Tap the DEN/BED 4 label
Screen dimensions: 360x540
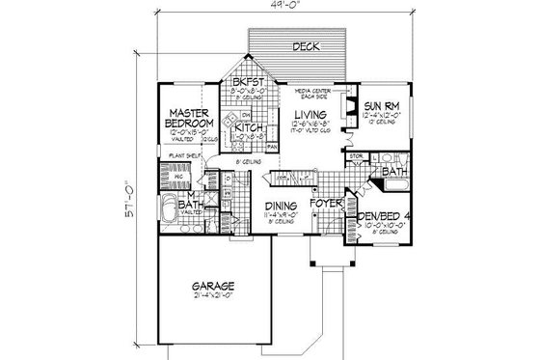point(376,217)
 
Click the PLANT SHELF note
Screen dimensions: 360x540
point(183,154)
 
